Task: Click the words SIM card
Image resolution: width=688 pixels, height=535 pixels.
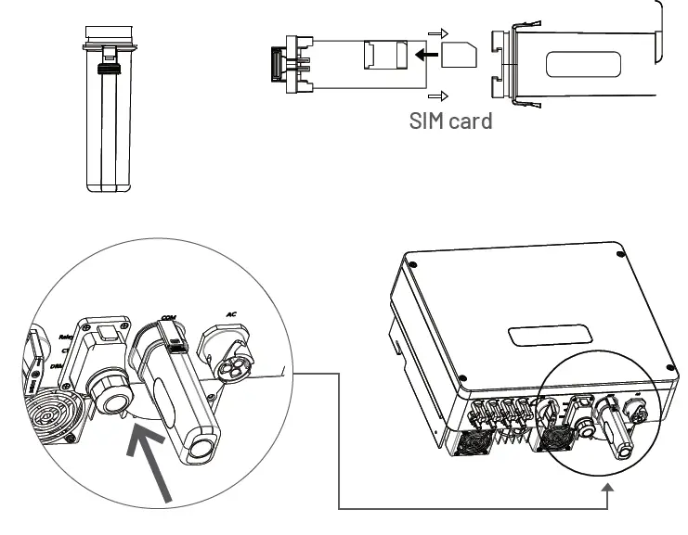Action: click(450, 121)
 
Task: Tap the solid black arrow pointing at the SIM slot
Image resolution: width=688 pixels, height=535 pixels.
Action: click(427, 55)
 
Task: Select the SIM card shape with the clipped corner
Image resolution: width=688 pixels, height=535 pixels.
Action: click(459, 55)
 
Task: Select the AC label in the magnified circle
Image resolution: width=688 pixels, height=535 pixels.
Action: click(233, 315)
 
